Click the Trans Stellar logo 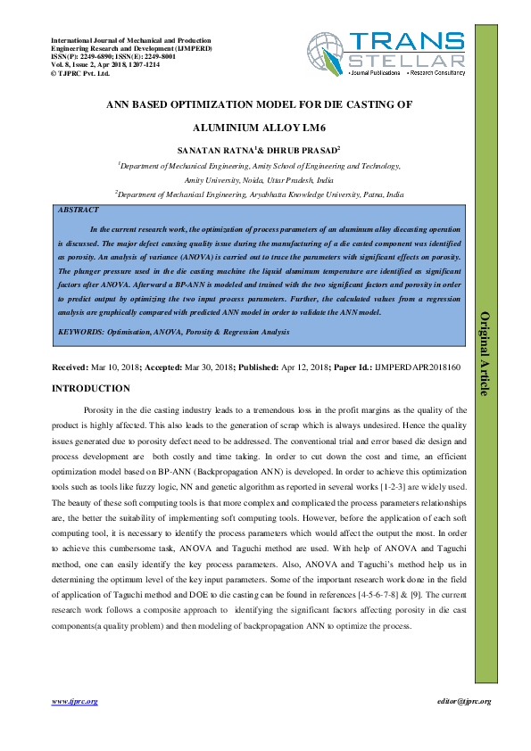pyautogui.click(x=386, y=55)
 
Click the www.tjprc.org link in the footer pyautogui.click(x=75, y=702)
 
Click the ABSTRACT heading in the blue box pyautogui.click(x=79, y=210)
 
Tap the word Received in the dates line pyautogui.click(x=70, y=367)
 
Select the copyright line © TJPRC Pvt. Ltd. pyautogui.click(x=81, y=73)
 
